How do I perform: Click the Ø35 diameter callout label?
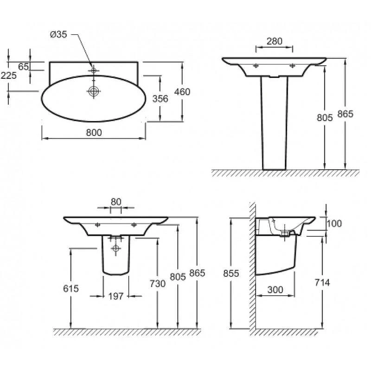[x=58, y=34]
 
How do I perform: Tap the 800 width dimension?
[x=94, y=133]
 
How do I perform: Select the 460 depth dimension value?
[x=182, y=92]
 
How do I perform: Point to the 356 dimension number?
[x=160, y=99]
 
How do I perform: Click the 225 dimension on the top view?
[x=9, y=76]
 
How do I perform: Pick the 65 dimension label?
[x=24, y=67]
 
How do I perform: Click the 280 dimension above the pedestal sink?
[x=275, y=41]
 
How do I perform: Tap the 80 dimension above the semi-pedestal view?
[x=116, y=202]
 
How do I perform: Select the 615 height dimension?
[x=71, y=288]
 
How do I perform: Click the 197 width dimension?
[x=116, y=296]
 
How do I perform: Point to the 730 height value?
[x=158, y=283]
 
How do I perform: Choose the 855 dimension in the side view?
[x=231, y=274]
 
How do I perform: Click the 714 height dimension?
[x=322, y=282]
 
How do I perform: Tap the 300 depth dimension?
[x=275, y=289]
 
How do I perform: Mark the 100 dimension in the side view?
[x=334, y=224]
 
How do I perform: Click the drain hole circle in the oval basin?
[x=94, y=91]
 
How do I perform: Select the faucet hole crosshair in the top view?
[x=94, y=70]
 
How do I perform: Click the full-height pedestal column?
[x=275, y=123]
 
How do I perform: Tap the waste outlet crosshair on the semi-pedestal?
[x=115, y=248]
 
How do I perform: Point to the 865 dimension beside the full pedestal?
[x=345, y=114]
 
